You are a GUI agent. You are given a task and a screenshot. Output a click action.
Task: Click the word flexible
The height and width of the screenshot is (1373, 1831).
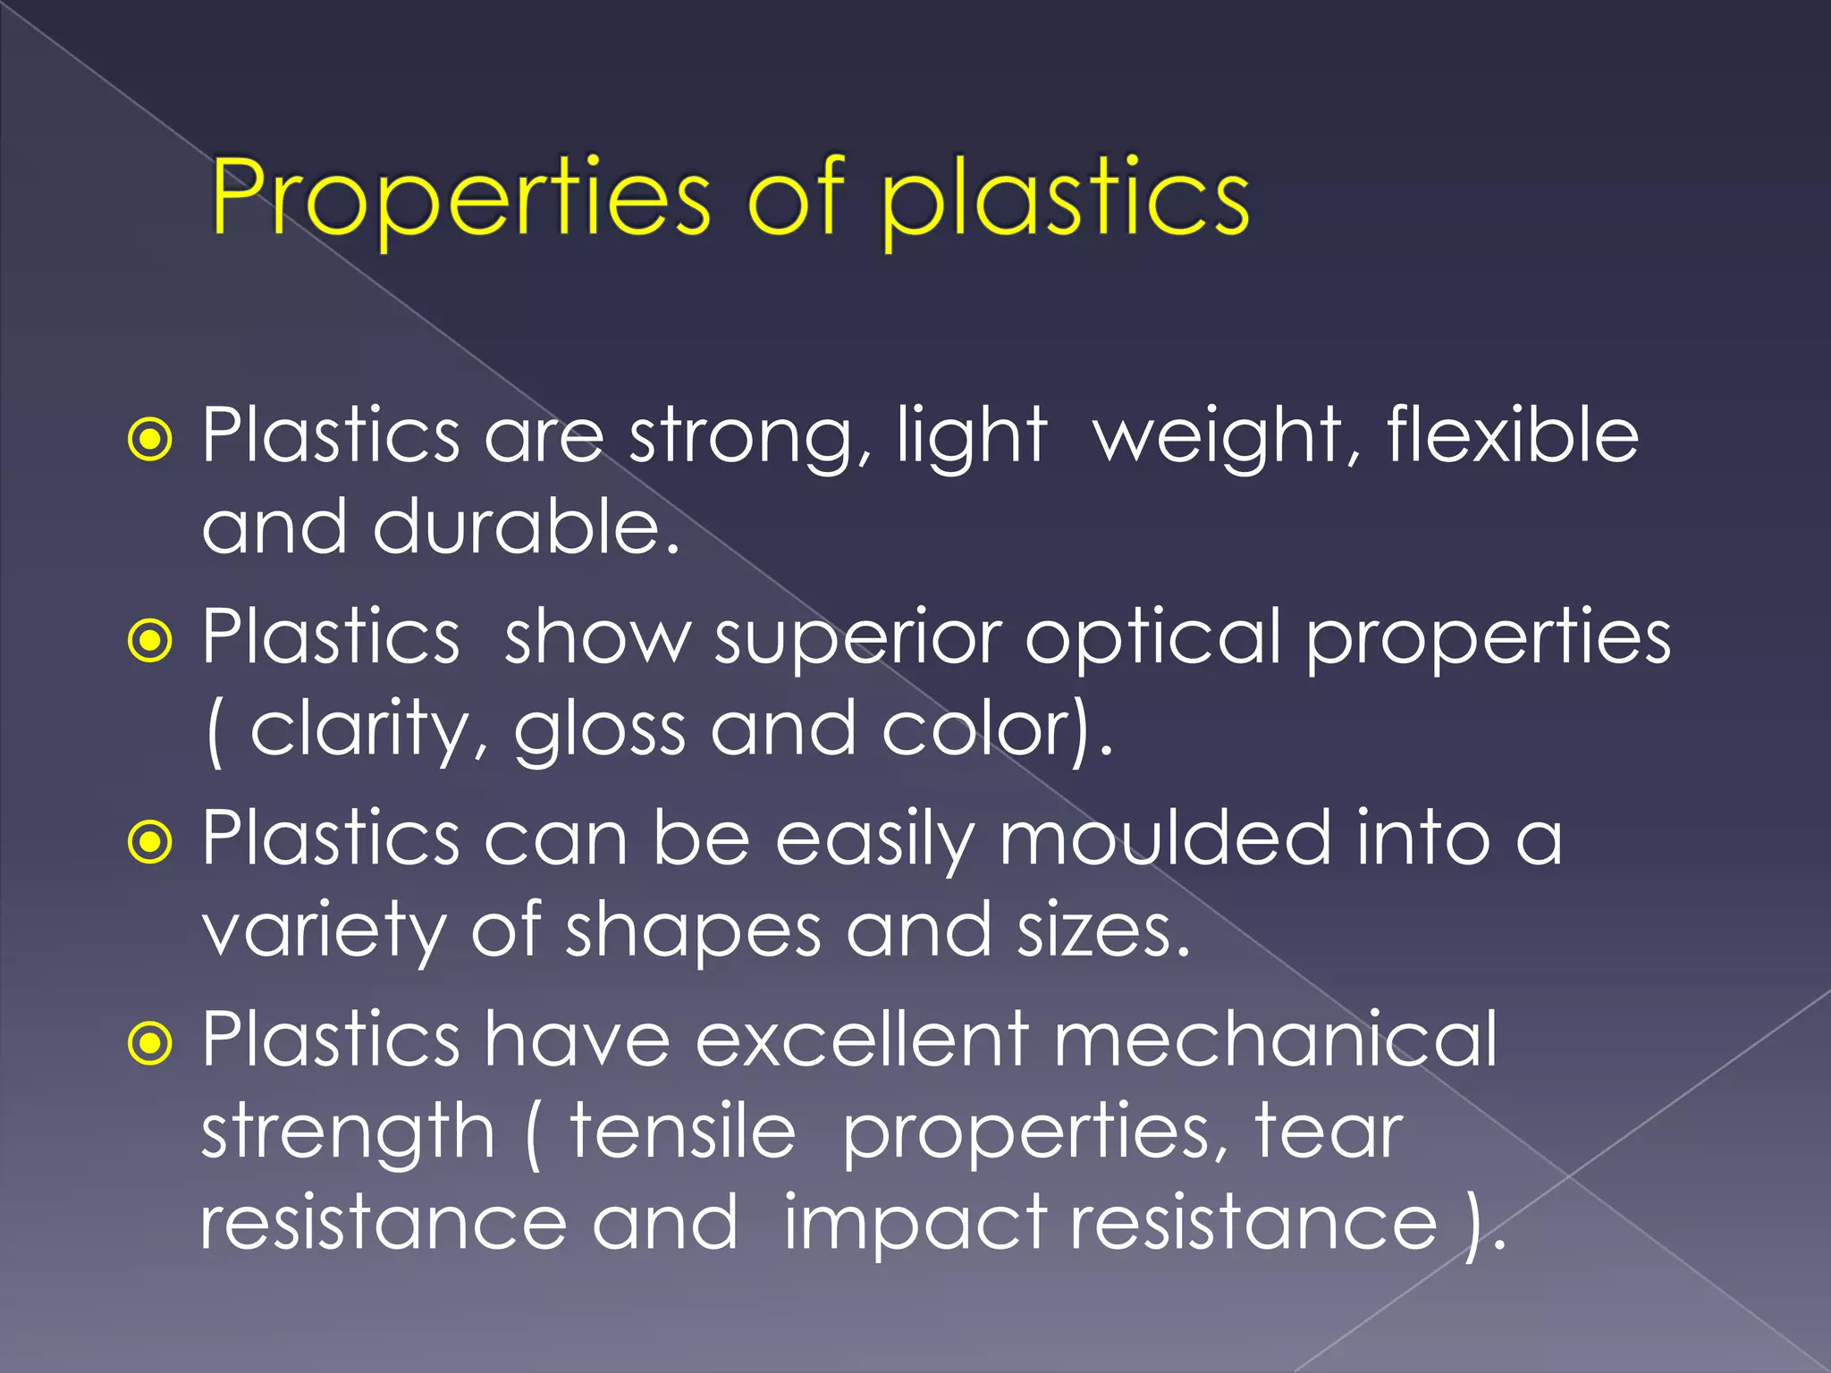click(x=1513, y=435)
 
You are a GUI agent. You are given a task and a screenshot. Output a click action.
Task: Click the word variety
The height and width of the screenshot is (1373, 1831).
click(x=324, y=931)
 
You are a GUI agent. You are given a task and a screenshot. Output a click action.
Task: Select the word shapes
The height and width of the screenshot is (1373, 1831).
click(x=693, y=931)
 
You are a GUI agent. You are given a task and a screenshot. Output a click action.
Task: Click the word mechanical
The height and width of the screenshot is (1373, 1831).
click(x=1275, y=1040)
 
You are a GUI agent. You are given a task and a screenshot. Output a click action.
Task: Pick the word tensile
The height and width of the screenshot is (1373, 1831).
click(x=682, y=1132)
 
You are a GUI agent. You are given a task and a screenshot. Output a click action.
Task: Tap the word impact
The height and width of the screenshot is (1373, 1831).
click(x=915, y=1223)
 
